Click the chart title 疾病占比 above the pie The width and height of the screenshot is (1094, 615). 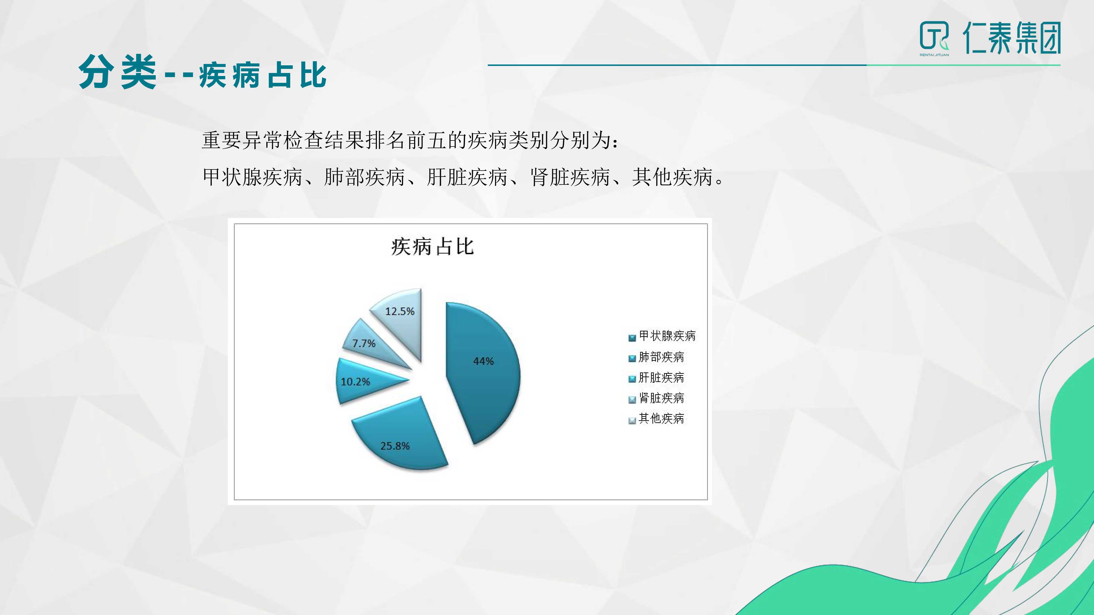pyautogui.click(x=432, y=246)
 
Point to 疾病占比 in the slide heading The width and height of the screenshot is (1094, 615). pyautogui.click(x=263, y=75)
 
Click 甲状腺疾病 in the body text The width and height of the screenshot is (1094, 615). pyautogui.click(x=252, y=177)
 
